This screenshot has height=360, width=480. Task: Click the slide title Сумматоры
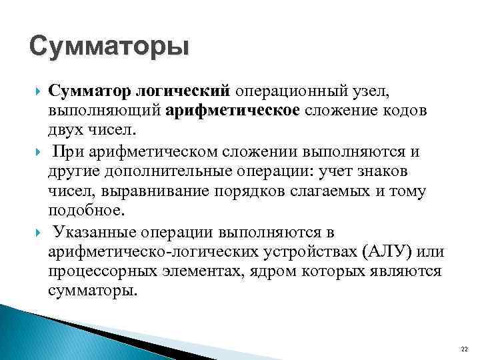(x=109, y=49)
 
